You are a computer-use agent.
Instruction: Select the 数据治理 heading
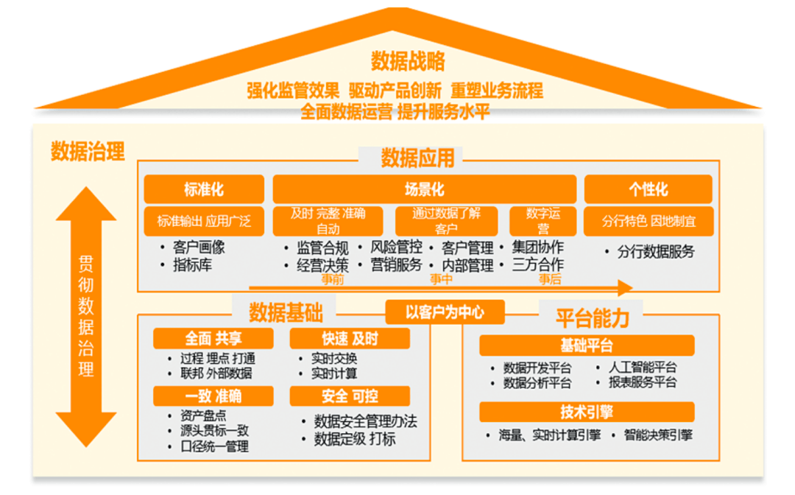click(87, 152)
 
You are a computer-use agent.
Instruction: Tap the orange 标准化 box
click(204, 189)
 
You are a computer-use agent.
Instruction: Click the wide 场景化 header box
click(425, 189)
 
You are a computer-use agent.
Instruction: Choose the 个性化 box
click(648, 189)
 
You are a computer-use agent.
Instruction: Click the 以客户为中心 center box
click(445, 312)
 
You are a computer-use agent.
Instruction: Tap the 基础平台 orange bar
click(587, 345)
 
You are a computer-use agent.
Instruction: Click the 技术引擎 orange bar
click(587, 412)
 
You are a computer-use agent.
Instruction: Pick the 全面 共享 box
click(213, 338)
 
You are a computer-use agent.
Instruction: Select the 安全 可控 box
click(350, 396)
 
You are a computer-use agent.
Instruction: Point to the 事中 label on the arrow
click(441, 280)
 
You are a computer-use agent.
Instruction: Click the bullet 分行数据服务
click(655, 252)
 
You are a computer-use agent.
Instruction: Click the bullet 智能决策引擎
click(657, 435)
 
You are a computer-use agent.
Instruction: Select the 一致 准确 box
click(213, 396)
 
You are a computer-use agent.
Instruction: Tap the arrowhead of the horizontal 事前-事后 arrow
click(626, 287)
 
